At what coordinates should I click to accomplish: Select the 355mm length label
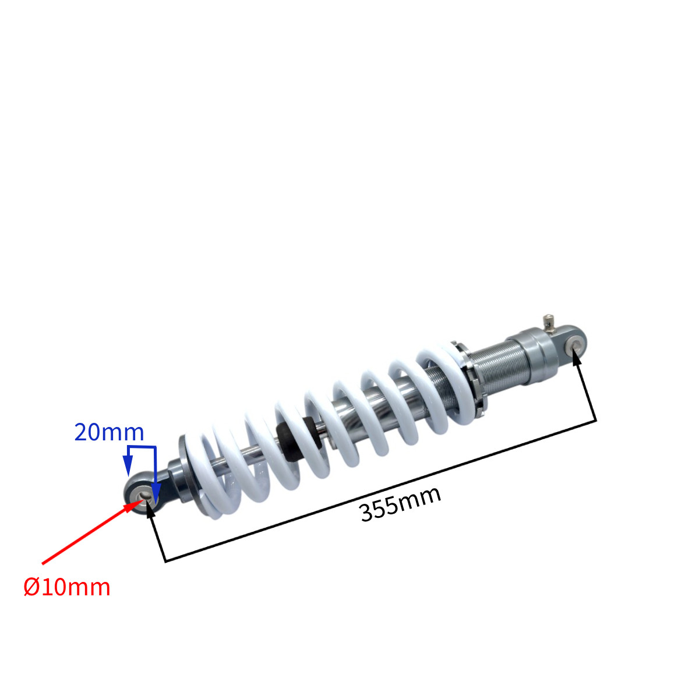(x=400, y=504)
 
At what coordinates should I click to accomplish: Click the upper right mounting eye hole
(x=576, y=343)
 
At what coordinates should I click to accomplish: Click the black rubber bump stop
(x=299, y=439)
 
